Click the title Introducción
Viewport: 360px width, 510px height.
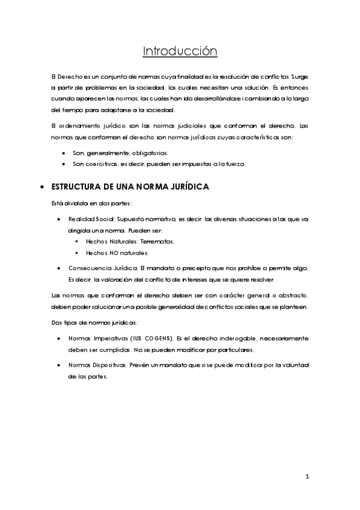click(180, 51)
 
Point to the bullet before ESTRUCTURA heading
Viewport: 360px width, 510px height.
click(41, 188)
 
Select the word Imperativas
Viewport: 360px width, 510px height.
click(109, 339)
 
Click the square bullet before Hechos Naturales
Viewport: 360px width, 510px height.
click(78, 241)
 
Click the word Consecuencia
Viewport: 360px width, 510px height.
click(91, 268)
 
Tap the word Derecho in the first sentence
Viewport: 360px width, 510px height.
click(69, 77)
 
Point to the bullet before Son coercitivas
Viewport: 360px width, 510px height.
click(63, 164)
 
